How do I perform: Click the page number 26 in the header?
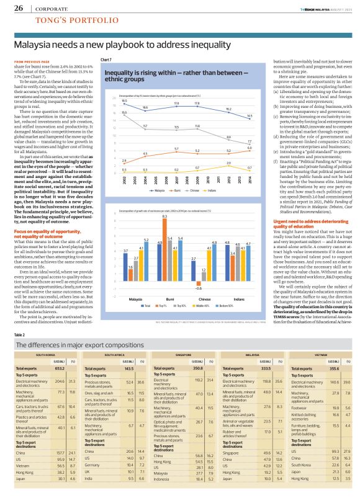pos(18,9)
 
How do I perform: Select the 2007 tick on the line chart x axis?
pos(176,162)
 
